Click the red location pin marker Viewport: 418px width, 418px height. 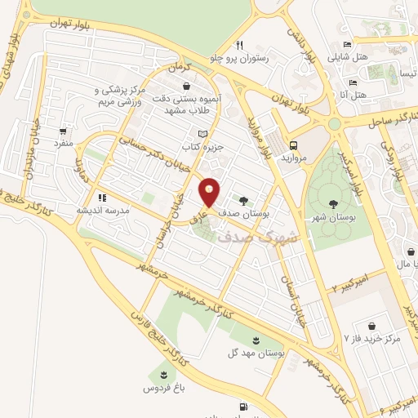210,192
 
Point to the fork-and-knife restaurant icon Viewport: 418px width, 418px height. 239,45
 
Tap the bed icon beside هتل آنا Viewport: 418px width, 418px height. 353,82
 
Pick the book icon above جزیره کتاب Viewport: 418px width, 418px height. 203,133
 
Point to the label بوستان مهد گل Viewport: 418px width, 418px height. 258,353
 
